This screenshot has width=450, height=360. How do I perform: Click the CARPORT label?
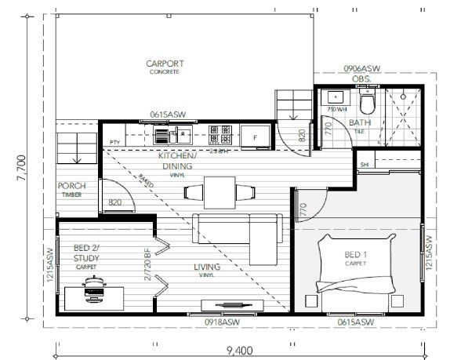pyautogui.click(x=164, y=64)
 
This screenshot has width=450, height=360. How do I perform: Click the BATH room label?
pyautogui.click(x=361, y=122)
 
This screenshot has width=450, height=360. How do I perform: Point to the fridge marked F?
pyautogui.click(x=255, y=137)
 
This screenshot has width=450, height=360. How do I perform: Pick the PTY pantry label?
pyautogui.click(x=114, y=142)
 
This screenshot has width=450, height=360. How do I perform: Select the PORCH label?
pyautogui.click(x=71, y=187)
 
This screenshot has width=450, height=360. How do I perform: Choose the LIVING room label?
pyautogui.click(x=207, y=267)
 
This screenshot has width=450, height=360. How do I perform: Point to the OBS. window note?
pyautogui.click(x=361, y=79)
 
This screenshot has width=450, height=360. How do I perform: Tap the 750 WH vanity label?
pyautogui.click(x=337, y=109)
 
